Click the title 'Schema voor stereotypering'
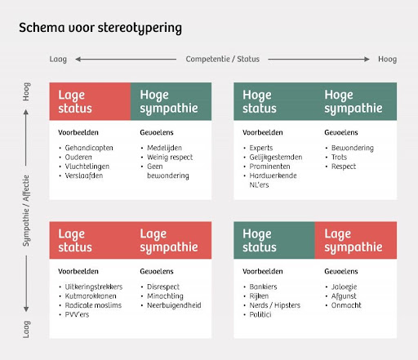[x=100, y=28]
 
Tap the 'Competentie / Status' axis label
[x=223, y=59]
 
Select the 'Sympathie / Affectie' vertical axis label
[x=26, y=211]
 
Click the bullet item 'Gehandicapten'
[x=89, y=148]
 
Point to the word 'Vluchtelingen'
[x=87, y=167]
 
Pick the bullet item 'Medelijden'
[x=164, y=148]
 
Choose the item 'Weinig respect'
[x=170, y=157]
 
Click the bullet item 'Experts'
[x=261, y=148]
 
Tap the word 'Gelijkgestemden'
[x=276, y=157]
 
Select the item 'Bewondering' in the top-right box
[x=353, y=148]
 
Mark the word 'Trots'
[x=339, y=157]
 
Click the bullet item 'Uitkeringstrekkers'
[x=94, y=287]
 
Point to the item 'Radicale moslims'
[x=93, y=305]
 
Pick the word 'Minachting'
[x=165, y=296]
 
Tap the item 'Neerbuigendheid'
[x=174, y=305]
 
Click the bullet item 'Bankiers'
[x=263, y=287]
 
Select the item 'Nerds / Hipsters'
[x=275, y=305]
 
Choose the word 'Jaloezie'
[x=344, y=287]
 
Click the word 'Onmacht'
[x=346, y=305]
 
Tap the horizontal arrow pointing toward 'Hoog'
[x=318, y=59]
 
